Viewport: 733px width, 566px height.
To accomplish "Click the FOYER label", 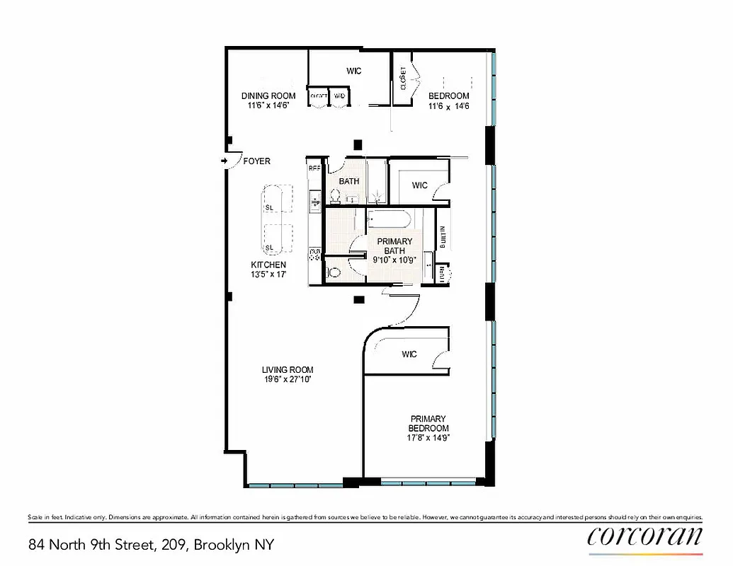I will [256, 161].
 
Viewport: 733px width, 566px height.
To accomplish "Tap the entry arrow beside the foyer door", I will [224, 161].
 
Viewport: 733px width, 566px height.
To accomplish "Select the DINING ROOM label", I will [268, 96].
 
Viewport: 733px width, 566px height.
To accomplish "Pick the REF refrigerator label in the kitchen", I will [314, 169].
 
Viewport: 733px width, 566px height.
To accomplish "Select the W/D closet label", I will [340, 96].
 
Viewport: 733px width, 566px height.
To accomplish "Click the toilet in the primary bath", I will [335, 271].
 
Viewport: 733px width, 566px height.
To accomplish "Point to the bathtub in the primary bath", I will [390, 219].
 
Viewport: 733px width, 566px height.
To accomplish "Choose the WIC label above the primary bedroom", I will [409, 354].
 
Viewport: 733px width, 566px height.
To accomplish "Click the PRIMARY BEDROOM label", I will [428, 423].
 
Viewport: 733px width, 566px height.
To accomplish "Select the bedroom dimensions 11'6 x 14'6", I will [449, 106].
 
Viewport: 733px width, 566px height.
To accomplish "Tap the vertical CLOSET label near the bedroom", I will [403, 78].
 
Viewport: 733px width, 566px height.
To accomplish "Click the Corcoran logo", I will [644, 536].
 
